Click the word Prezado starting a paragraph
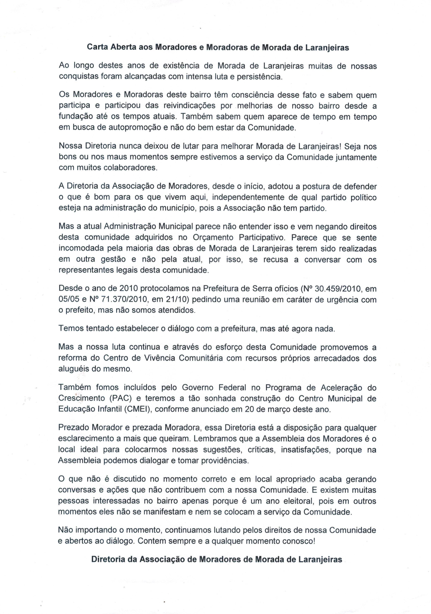coord(73,428)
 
